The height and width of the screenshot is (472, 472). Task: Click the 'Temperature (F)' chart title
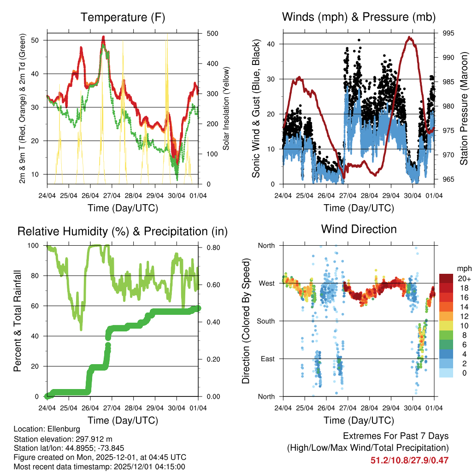123,18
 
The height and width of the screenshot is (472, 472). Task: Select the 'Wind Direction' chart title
359,229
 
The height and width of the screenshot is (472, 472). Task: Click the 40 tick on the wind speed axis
273,44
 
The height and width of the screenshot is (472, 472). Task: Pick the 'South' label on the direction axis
266,321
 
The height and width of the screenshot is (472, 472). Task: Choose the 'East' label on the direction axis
268,359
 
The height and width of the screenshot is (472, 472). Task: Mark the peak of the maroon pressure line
409,38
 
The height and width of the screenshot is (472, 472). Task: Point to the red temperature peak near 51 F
104,37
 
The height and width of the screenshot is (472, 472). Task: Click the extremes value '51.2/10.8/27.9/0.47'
409,460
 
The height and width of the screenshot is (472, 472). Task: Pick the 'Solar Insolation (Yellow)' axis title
226,108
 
